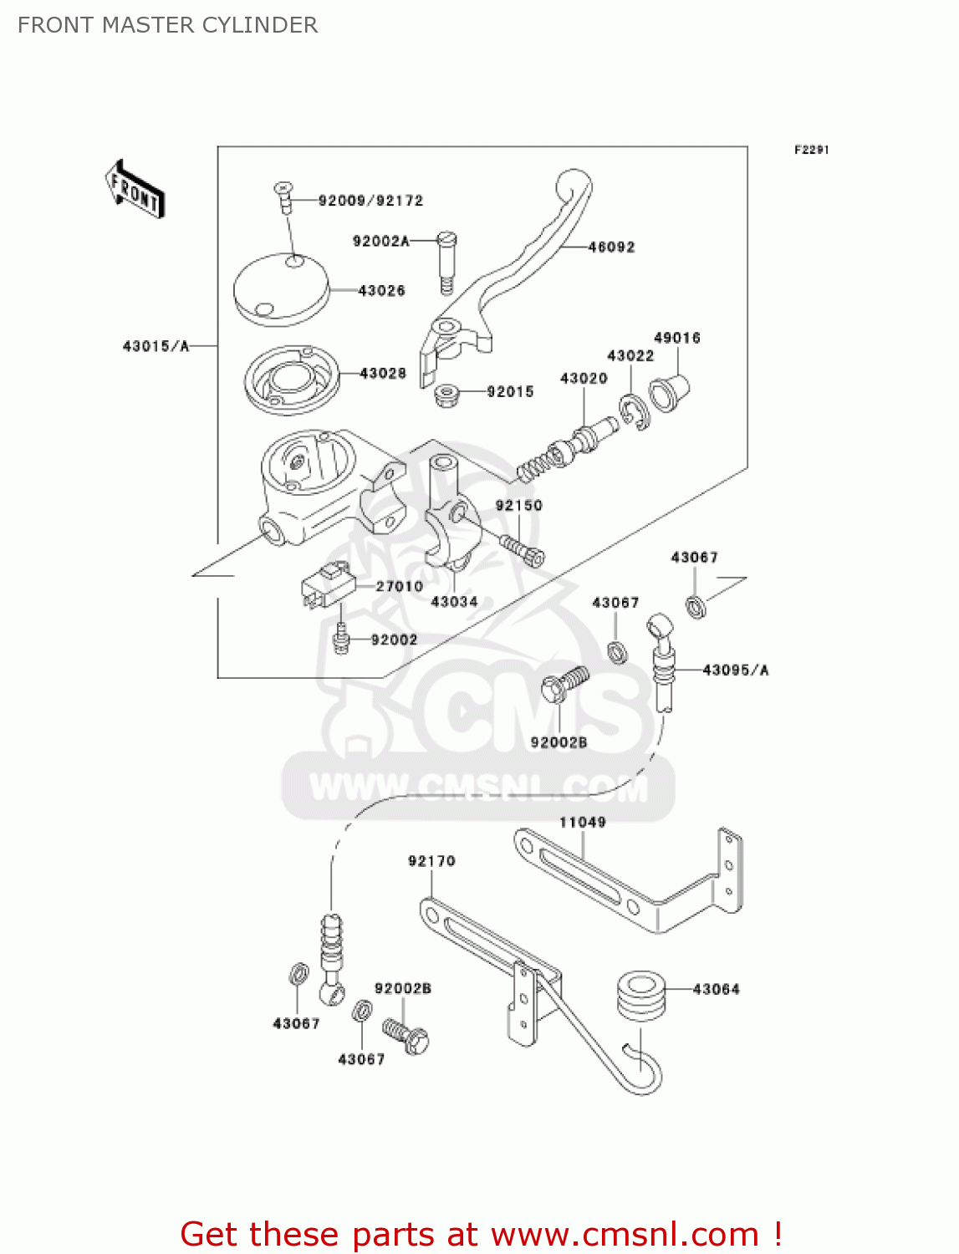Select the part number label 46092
[611, 247]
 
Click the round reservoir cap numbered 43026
[281, 288]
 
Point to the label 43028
[383, 373]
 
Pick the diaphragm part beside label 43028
[292, 380]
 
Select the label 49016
[676, 338]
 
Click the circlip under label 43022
[635, 412]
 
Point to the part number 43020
[584, 378]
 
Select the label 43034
[454, 601]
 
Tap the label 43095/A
[736, 670]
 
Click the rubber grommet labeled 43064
[641, 995]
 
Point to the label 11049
[582, 822]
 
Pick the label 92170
[431, 860]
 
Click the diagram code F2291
[811, 150]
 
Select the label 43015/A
[156, 345]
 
